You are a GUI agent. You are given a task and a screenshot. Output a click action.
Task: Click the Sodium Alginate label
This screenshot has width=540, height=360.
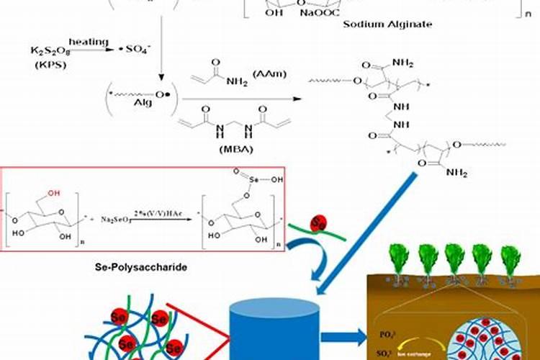[x=398, y=24]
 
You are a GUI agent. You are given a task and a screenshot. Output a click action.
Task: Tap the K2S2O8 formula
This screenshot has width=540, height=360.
[x=49, y=50]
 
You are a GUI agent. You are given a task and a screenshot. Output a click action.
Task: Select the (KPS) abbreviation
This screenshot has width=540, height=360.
[x=48, y=64]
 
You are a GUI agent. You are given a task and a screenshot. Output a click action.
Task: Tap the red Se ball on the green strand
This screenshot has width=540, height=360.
[x=320, y=222]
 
